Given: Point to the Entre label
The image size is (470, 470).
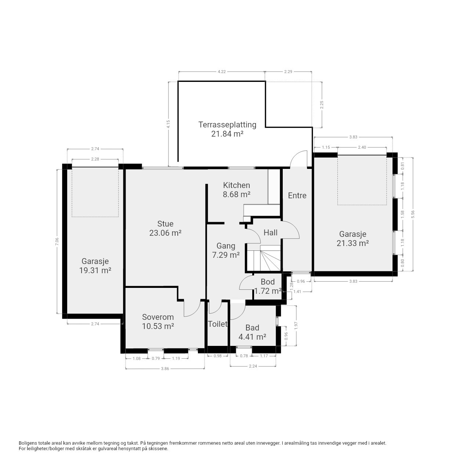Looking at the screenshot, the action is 297,195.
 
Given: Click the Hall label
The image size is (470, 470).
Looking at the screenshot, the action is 271,232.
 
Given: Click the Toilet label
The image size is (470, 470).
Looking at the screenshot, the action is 218,324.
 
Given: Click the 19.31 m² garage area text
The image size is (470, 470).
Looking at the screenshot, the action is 95,271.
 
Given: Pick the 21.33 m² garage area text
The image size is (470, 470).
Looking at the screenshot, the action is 352,243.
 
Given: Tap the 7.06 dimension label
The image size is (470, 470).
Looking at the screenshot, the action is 57,241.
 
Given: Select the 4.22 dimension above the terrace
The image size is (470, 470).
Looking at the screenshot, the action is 221,72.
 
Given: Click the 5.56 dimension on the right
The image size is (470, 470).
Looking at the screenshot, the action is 413,214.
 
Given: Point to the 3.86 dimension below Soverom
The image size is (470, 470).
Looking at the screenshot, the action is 165,369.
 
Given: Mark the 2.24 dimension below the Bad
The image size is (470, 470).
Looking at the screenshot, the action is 253,366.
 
